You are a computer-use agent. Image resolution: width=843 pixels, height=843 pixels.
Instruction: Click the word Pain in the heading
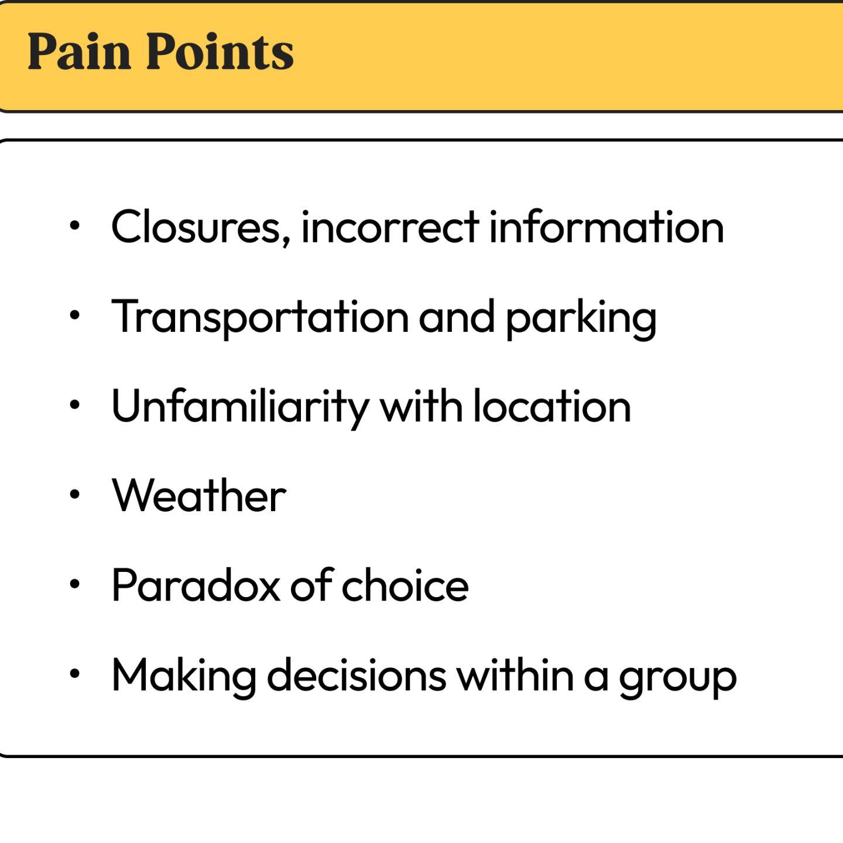(79, 51)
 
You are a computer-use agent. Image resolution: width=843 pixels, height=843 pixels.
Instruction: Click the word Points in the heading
(220, 51)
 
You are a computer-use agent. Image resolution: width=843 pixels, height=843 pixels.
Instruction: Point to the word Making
(184, 677)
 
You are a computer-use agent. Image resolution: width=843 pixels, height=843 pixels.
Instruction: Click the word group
(678, 680)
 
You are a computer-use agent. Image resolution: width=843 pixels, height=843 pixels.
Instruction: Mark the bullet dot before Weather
(75, 494)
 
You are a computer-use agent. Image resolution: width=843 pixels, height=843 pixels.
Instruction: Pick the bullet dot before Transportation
(75, 315)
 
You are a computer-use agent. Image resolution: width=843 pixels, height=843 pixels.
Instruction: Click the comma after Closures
(286, 241)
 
